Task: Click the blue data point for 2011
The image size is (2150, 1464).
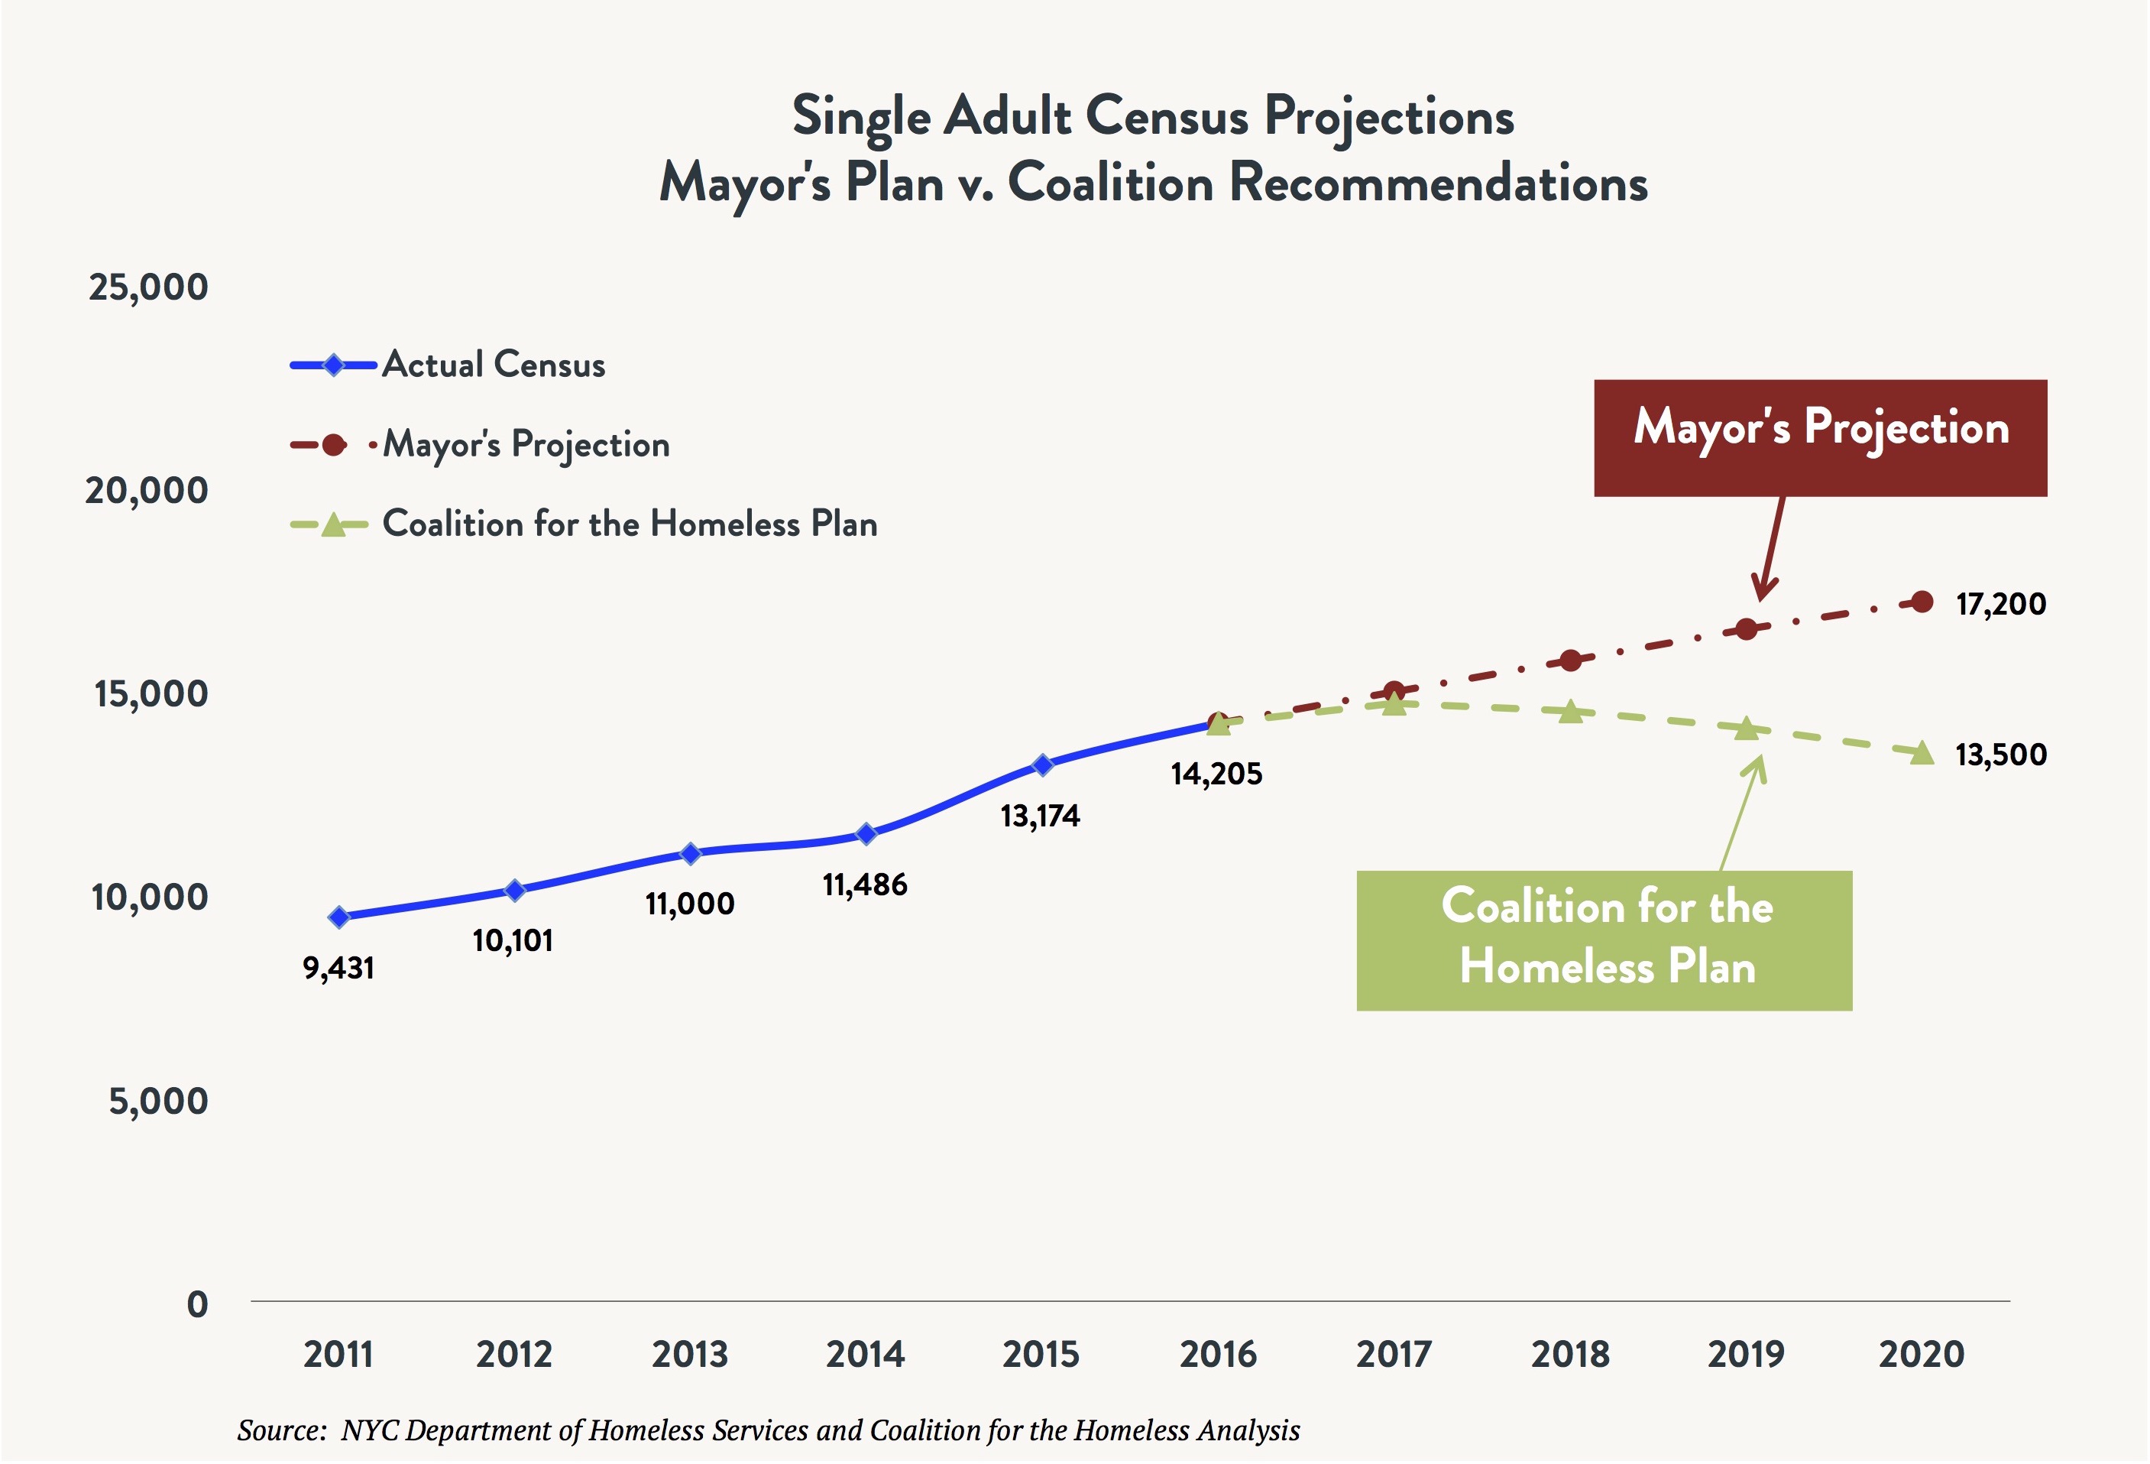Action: coord(338,917)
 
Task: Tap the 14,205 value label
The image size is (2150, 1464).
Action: coord(1216,774)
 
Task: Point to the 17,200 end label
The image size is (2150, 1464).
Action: coord(2000,604)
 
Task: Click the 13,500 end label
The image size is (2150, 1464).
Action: coord(2000,755)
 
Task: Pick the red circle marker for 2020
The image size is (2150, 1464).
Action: coord(1922,602)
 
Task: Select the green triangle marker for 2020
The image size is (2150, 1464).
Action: coord(1922,753)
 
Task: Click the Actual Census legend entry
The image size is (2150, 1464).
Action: coord(493,365)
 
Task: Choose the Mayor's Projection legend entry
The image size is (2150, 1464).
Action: coord(526,444)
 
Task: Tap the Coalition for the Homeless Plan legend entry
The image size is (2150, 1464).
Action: coord(629,524)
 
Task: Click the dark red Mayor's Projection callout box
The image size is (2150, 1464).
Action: coord(1820,438)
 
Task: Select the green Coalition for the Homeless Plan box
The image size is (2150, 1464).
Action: coord(1604,940)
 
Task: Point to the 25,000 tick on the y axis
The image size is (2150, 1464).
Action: coord(148,287)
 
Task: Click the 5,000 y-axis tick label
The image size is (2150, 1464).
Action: coord(158,1101)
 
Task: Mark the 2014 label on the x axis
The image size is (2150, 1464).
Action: coord(865,1355)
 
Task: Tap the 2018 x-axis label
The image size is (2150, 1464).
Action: coord(1570,1355)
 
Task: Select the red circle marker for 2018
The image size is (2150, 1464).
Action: coord(1570,661)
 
